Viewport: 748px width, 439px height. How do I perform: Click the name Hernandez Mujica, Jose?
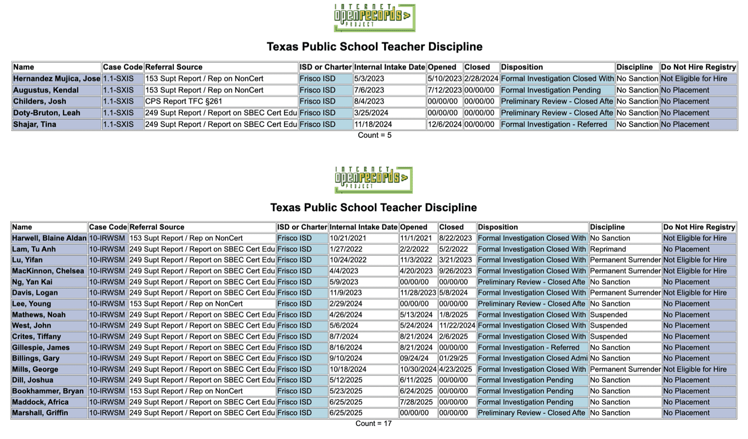pyautogui.click(x=56, y=79)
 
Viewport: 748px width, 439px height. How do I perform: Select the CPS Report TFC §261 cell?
pyautogui.click(x=184, y=101)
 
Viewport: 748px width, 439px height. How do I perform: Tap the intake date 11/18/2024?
pyautogui.click(x=373, y=124)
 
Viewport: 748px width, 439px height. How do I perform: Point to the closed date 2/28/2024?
pyautogui.click(x=481, y=79)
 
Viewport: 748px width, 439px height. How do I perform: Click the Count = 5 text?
pyautogui.click(x=374, y=135)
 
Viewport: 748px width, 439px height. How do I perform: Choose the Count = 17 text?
pyautogui.click(x=374, y=423)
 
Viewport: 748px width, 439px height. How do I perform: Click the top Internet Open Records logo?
pyautogui.click(x=374, y=18)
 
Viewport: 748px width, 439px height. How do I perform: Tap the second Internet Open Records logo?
pyautogui.click(x=374, y=180)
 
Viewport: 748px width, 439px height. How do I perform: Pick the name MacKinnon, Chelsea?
pyautogui.click(x=48, y=271)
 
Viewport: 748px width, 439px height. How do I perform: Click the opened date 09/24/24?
pyautogui.click(x=414, y=358)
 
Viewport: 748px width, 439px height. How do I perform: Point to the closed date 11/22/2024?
pyautogui.click(x=457, y=326)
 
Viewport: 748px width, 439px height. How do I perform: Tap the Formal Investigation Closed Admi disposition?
pyautogui.click(x=532, y=358)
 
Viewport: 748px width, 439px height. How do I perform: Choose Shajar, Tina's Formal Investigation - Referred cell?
pyautogui.click(x=554, y=124)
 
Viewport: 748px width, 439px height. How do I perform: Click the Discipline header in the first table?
pyautogui.click(x=634, y=67)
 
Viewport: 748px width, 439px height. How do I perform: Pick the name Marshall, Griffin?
pyautogui.click(x=40, y=413)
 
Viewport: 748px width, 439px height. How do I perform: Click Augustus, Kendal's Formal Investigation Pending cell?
pyautogui.click(x=551, y=90)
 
